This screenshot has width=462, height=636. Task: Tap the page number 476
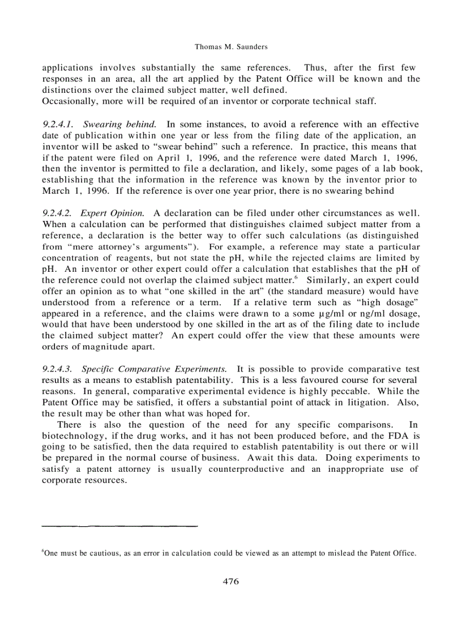pyautogui.click(x=230, y=582)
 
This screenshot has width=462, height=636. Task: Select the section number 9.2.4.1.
pyautogui.click(x=59, y=124)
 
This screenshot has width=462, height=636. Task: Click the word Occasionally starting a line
pyautogui.click(x=69, y=101)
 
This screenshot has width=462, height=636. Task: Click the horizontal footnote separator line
pyautogui.click(x=120, y=526)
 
